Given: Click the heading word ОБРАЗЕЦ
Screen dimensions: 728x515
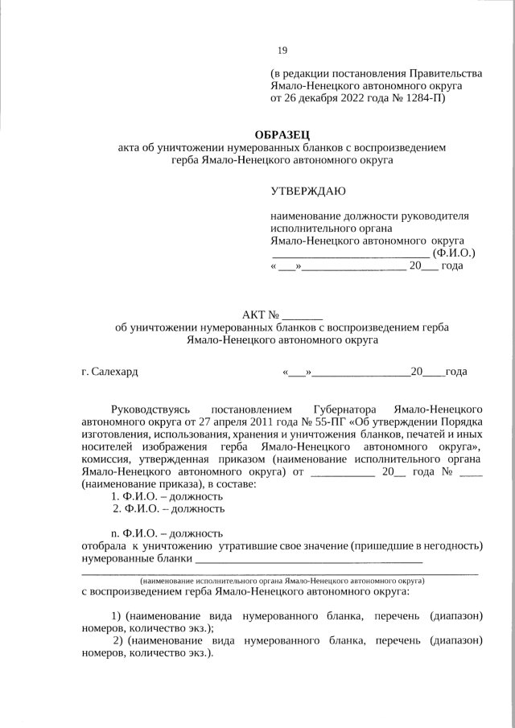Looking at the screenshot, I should click(x=282, y=134).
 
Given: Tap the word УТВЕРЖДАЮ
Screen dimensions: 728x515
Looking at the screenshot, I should click(x=308, y=191).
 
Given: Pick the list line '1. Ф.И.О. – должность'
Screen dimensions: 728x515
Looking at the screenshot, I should click(x=167, y=496).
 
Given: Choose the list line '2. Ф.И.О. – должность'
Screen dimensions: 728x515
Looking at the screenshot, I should click(x=168, y=508).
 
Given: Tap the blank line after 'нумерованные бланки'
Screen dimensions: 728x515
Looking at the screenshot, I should click(x=309, y=558).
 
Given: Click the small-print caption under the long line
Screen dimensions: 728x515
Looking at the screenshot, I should click(x=282, y=579).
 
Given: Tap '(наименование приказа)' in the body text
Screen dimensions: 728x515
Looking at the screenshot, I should click(x=142, y=483).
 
